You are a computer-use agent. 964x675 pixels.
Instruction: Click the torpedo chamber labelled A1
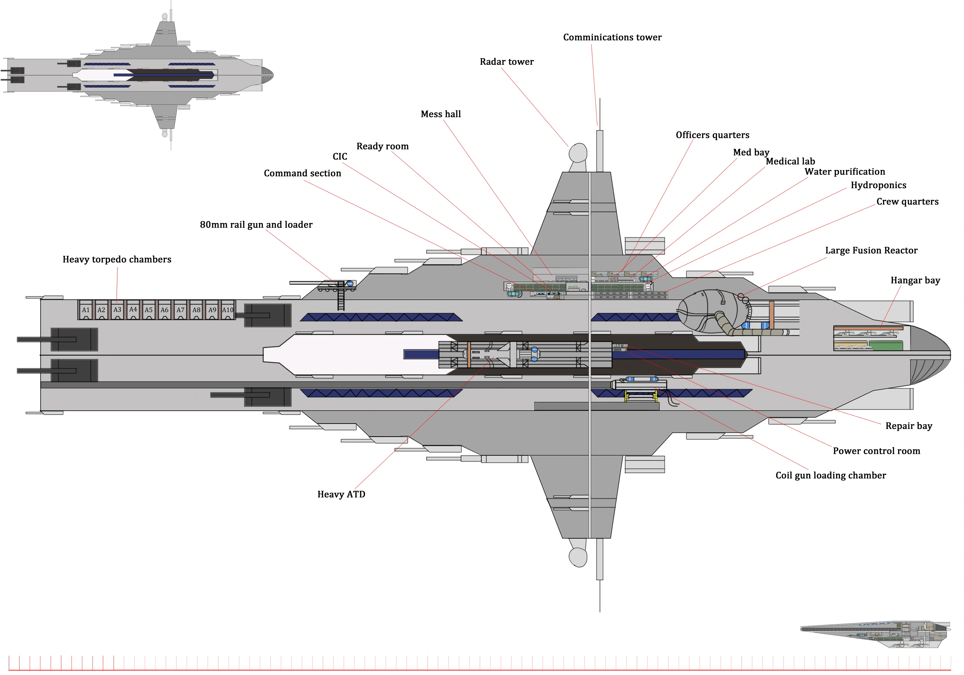point(86,310)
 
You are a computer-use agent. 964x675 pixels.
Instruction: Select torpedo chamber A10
point(228,310)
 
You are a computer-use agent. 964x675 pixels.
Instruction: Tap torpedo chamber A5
point(149,310)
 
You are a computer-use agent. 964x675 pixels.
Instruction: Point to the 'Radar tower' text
point(506,62)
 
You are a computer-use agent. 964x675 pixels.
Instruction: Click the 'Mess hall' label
point(441,114)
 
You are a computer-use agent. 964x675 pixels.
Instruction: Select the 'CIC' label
point(340,157)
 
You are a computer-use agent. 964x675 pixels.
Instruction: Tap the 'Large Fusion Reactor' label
point(871,251)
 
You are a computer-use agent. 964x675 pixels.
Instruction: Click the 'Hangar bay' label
point(915,281)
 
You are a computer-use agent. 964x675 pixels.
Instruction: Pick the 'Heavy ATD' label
point(341,494)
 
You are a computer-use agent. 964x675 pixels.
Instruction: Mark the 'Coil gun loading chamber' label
point(830,475)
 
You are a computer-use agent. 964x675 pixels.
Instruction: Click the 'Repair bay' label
point(909,426)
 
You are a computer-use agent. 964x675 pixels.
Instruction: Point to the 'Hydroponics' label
point(878,185)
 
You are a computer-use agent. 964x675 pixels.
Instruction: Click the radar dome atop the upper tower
point(578,153)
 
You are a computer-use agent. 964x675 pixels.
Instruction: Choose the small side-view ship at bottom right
point(875,634)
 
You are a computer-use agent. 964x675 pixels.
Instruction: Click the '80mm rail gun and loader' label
point(256,225)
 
